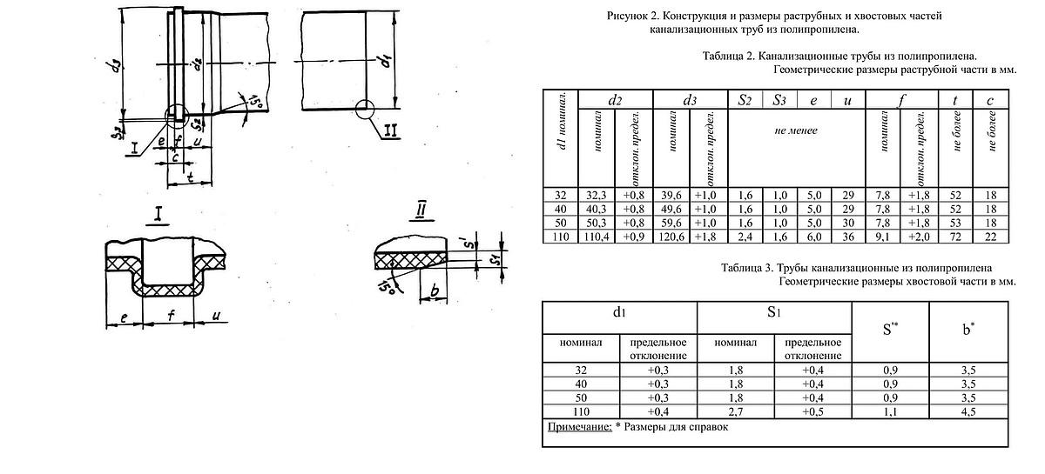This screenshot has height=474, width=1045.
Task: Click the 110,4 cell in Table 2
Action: point(597,237)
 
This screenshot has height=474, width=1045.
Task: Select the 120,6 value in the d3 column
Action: point(671,237)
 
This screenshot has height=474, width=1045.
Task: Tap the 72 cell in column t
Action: point(955,237)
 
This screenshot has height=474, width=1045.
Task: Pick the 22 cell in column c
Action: point(990,237)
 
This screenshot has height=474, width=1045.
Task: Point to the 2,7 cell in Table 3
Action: point(735,412)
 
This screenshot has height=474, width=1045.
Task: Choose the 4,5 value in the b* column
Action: point(968,412)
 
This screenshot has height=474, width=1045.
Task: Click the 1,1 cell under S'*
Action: point(890,412)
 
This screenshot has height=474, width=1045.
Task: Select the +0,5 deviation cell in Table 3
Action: point(812,412)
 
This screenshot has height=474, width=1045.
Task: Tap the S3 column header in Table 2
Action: point(779,100)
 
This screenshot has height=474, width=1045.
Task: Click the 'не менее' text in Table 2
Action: point(796,130)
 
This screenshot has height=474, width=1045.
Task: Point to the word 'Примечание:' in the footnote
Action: point(579,427)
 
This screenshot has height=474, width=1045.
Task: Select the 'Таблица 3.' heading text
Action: point(746,268)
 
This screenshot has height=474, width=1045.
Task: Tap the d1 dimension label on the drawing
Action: point(385,61)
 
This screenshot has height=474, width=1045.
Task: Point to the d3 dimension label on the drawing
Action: point(114,66)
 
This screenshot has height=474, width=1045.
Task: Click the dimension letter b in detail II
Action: point(435,290)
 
